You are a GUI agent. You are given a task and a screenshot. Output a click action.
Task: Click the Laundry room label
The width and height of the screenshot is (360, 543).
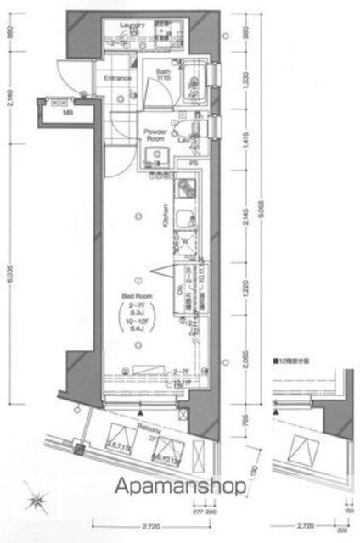(x=132, y=25)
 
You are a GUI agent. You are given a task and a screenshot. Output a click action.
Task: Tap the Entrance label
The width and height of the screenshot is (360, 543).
(x=117, y=79)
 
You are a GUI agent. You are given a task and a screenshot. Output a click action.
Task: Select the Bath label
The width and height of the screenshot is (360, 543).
(x=163, y=75)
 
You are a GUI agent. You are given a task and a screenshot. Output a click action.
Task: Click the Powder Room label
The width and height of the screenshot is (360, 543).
(x=154, y=135)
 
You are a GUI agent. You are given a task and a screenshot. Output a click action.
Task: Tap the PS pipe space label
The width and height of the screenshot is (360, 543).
(x=193, y=163)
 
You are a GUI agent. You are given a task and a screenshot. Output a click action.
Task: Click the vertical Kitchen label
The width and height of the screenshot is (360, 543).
(x=166, y=216)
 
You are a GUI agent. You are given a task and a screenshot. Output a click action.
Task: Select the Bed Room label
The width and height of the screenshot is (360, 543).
(x=132, y=296)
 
